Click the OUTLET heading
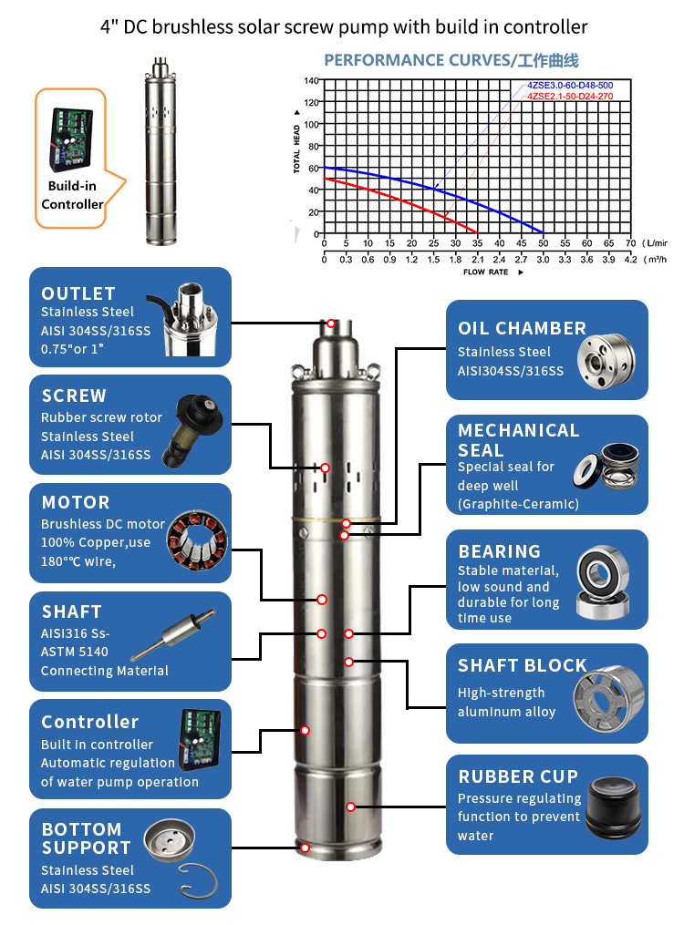(78, 293)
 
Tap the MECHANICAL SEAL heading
(518, 440)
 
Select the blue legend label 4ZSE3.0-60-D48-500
(570, 86)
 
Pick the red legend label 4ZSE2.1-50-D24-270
(570, 97)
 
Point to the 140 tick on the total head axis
(311, 80)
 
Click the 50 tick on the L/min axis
(543, 243)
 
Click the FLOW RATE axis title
(486, 272)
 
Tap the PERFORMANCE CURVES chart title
(451, 60)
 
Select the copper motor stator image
(197, 540)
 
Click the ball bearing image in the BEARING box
(603, 581)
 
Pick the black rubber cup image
(614, 807)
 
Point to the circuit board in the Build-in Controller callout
(71, 138)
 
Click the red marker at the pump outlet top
(331, 324)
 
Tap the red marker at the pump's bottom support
(306, 848)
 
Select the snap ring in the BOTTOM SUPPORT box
(198, 881)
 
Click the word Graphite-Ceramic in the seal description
(518, 504)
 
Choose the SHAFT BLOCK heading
(523, 665)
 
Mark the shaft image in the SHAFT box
(173, 635)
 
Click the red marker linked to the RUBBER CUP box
(350, 807)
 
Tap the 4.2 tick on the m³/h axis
(630, 260)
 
